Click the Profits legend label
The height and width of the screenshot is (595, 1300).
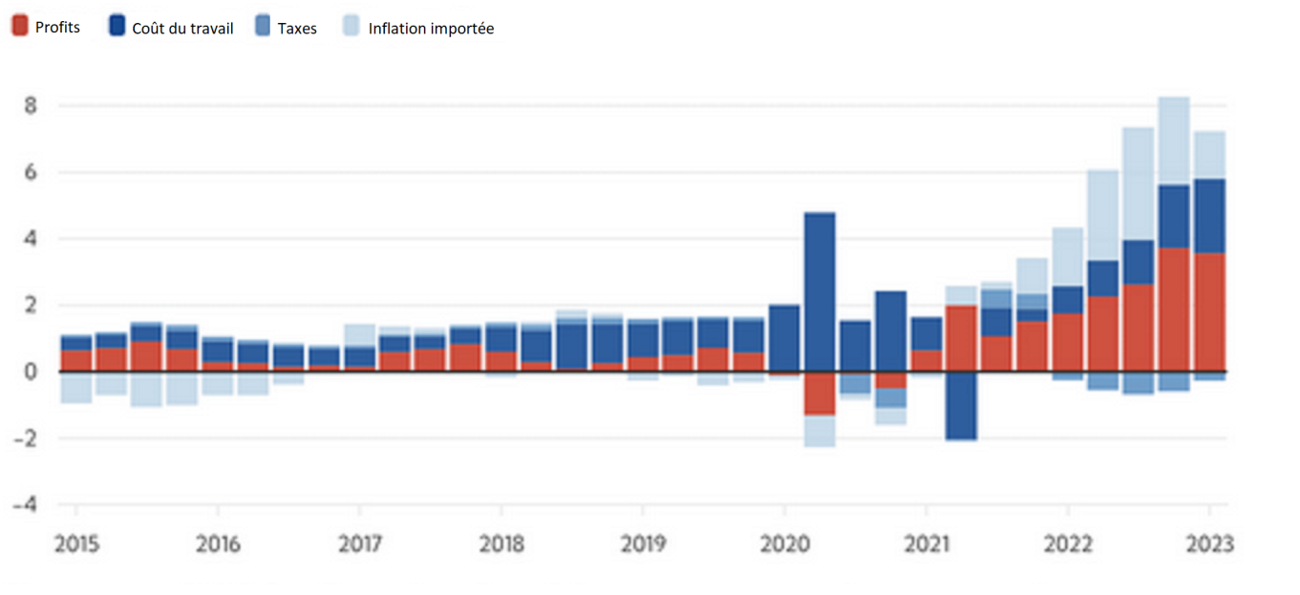click(57, 28)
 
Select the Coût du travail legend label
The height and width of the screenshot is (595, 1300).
click(182, 29)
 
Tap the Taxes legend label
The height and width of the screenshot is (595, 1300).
click(297, 29)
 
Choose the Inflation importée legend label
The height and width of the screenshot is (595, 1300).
click(431, 29)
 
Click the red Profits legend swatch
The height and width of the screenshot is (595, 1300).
click(19, 27)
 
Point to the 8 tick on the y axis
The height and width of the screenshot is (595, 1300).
click(31, 105)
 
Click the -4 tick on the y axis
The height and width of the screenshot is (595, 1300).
click(28, 504)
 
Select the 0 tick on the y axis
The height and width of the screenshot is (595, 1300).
click(31, 372)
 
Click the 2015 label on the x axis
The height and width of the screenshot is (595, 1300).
click(75, 544)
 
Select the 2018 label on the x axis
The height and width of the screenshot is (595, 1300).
click(501, 544)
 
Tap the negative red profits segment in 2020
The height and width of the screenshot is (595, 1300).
click(820, 393)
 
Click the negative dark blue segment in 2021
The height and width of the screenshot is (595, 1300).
click(961, 406)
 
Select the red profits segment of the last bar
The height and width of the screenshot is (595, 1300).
click(1209, 312)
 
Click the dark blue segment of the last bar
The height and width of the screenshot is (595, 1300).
click(1209, 216)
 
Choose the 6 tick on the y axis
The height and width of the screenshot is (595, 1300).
click(31, 172)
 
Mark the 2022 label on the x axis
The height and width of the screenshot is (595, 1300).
click(1067, 544)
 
